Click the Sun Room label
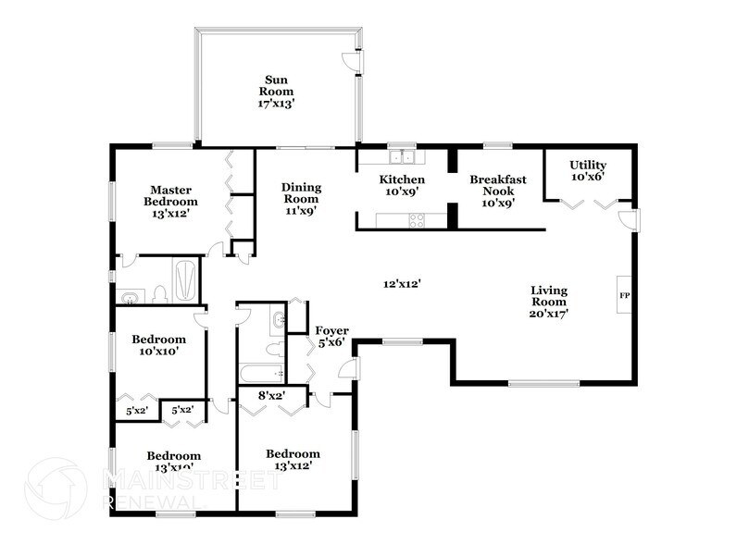click(x=275, y=92)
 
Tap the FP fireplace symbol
click(x=625, y=295)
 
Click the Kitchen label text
click(x=403, y=185)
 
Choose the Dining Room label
click(x=300, y=198)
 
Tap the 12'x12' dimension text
click(x=403, y=284)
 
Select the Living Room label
click(x=549, y=302)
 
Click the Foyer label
click(x=331, y=336)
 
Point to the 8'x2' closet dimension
click(x=269, y=396)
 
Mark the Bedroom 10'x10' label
click(x=158, y=345)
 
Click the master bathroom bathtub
click(x=185, y=281)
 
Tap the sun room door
click(x=352, y=60)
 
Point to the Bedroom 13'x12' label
click(x=293, y=460)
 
